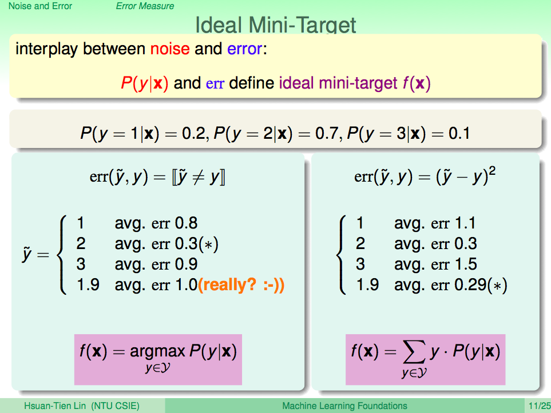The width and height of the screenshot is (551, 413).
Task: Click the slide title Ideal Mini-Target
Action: (276, 25)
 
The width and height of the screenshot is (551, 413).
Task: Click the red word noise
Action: (170, 49)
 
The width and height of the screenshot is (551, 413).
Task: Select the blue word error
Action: (244, 49)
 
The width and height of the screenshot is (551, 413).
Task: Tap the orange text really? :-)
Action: (241, 285)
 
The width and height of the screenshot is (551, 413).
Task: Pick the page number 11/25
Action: (540, 406)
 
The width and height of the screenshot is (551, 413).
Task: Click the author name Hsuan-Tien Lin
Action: (55, 406)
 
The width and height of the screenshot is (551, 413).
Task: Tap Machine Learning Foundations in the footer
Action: (344, 406)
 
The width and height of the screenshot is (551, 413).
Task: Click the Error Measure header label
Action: (145, 6)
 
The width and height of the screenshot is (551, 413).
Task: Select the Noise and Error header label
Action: (40, 6)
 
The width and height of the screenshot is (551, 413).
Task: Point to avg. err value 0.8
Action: (187, 223)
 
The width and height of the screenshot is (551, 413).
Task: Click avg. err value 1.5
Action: (466, 264)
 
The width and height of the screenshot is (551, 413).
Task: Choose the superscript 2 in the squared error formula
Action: (492, 171)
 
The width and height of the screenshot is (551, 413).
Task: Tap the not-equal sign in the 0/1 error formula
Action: (198, 177)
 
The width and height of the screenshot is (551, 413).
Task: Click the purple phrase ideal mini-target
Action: (338, 83)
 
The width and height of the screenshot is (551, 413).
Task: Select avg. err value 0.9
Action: (187, 264)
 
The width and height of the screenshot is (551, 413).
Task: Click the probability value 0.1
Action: (459, 134)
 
